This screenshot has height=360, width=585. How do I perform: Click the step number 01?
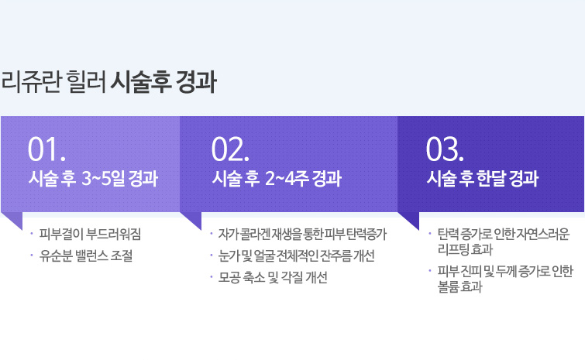[x=46, y=149]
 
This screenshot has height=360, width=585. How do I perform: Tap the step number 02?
[x=230, y=149]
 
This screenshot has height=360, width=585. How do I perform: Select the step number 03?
[x=445, y=149]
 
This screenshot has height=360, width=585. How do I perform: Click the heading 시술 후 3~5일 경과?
[x=93, y=178]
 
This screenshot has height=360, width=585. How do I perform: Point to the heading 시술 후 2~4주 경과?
[x=277, y=178]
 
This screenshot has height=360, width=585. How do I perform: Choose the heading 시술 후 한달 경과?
[x=483, y=178]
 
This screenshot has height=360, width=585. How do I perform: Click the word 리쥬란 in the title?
[x=30, y=81]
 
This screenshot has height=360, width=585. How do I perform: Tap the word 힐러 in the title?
[x=86, y=81]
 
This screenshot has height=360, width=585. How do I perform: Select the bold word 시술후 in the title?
[x=141, y=81]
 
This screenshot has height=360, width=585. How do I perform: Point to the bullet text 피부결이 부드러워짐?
[x=91, y=234]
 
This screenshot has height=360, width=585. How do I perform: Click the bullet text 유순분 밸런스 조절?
[x=86, y=255]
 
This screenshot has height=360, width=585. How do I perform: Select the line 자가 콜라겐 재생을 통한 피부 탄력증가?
[x=303, y=234]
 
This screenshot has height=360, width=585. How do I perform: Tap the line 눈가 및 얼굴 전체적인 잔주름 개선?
[x=296, y=255]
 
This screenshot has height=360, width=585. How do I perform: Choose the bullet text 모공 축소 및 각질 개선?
[x=273, y=277]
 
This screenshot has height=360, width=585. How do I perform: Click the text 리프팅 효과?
[x=465, y=249]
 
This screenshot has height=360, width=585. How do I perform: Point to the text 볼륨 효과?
[x=460, y=286]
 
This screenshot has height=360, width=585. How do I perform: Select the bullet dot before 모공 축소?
[x=212, y=277]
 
